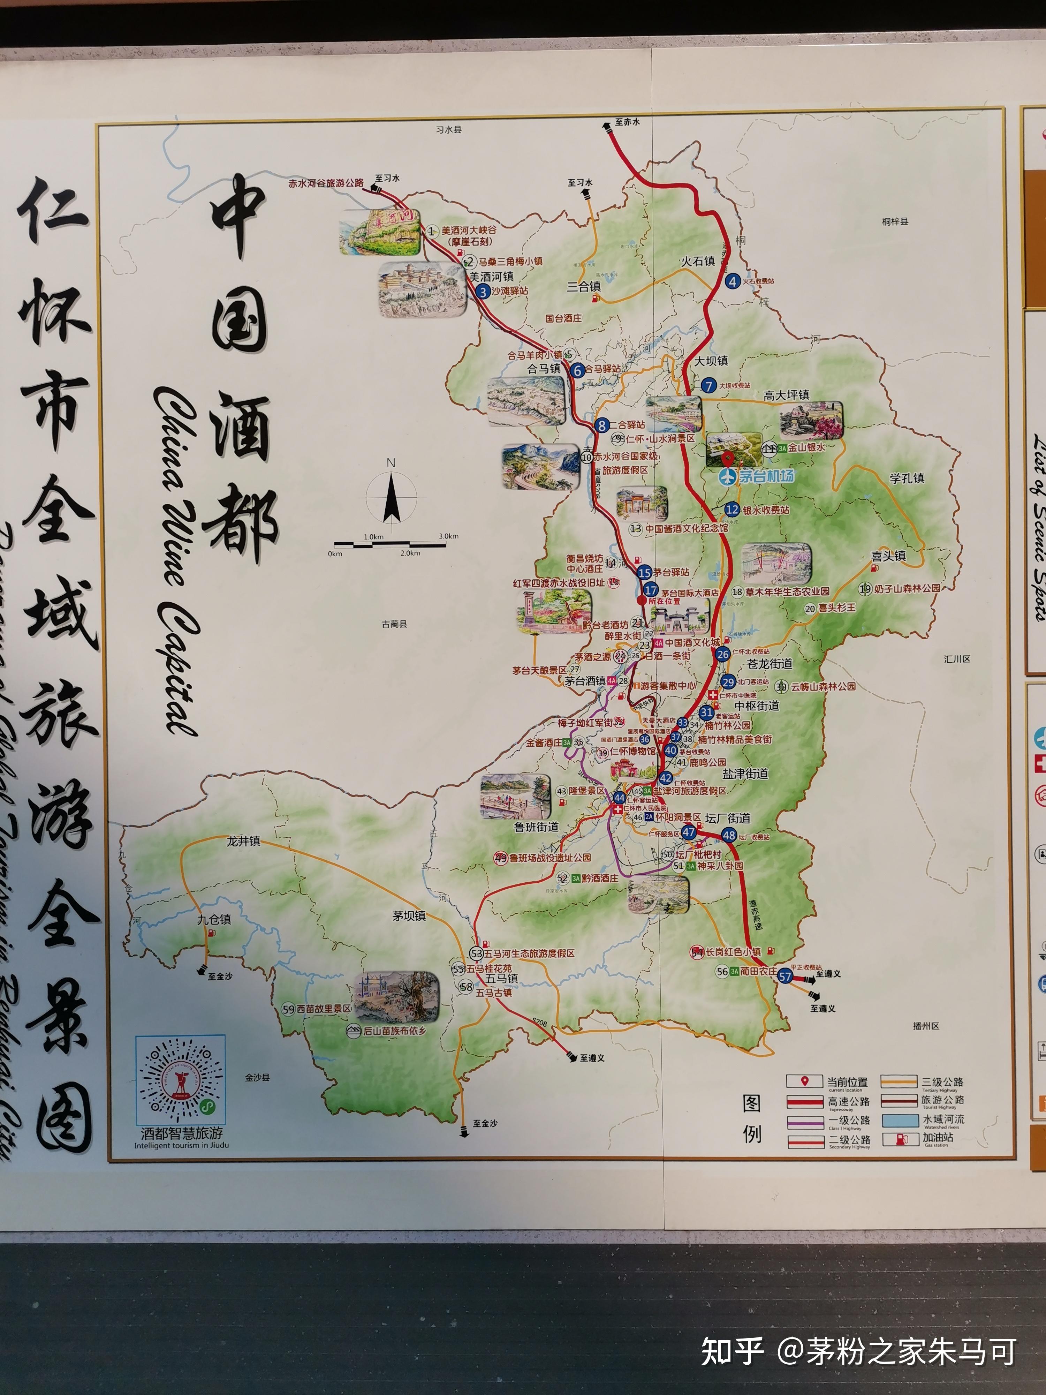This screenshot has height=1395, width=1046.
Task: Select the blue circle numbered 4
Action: click(732, 282)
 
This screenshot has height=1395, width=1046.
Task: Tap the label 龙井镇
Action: click(243, 841)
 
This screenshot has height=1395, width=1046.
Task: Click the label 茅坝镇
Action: click(409, 916)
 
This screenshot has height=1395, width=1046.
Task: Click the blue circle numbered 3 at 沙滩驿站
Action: click(483, 292)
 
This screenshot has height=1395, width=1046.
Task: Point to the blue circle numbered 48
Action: click(729, 835)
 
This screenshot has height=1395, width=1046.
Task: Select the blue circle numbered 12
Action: click(732, 510)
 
